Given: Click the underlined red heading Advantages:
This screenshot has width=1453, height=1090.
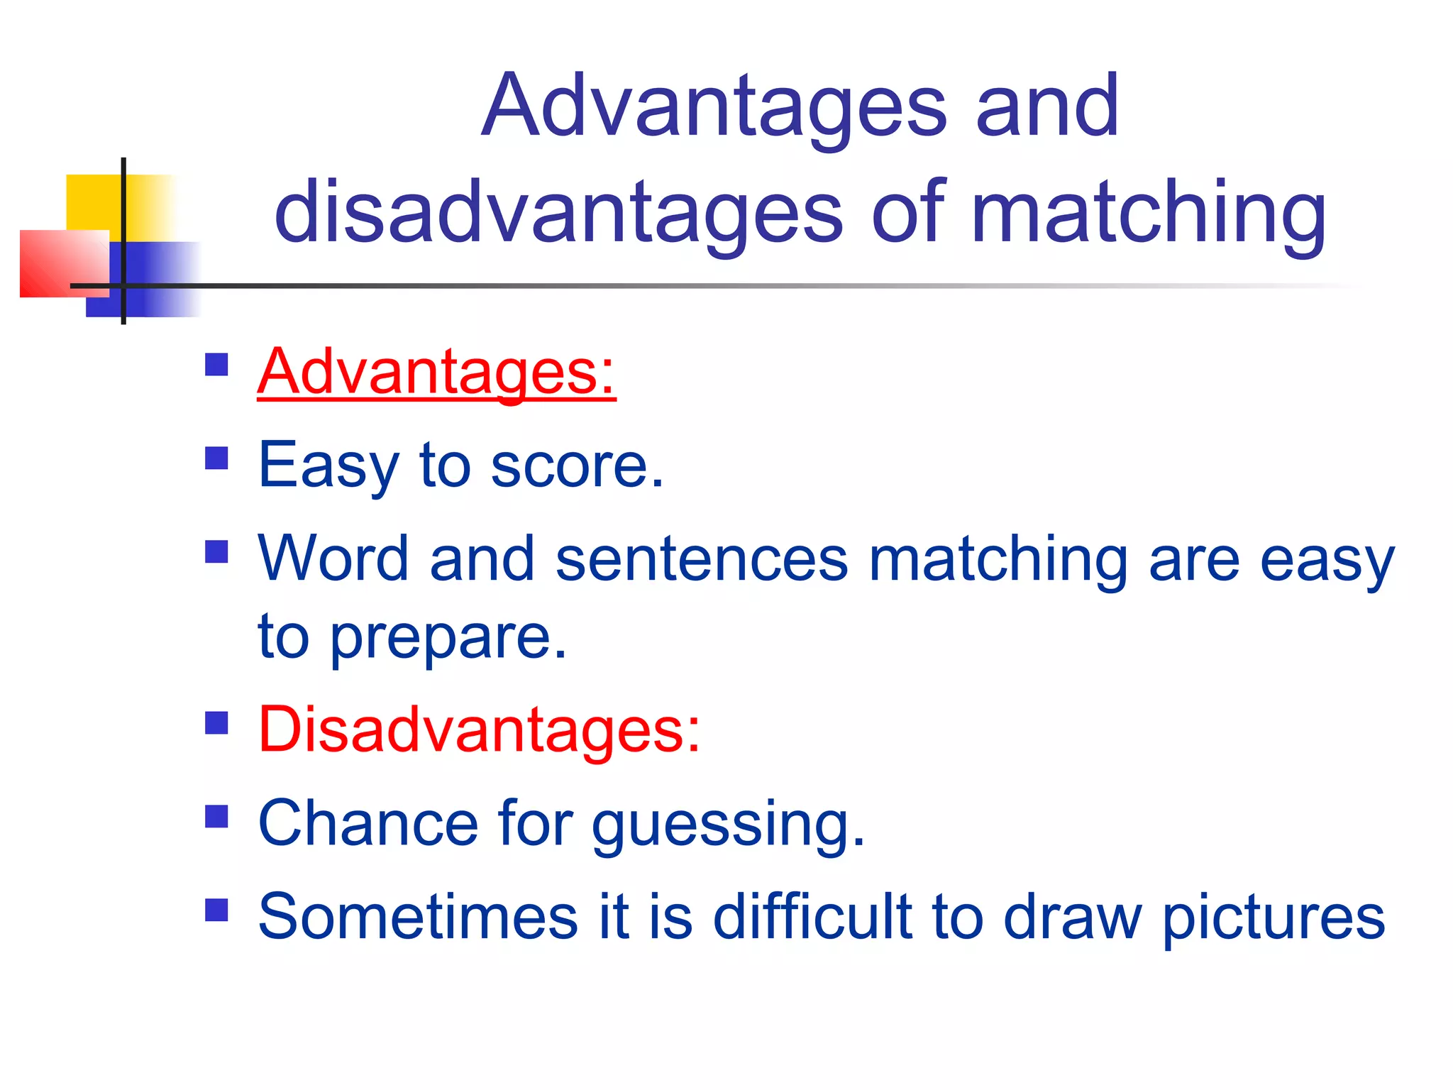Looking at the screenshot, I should pyautogui.click(x=436, y=372).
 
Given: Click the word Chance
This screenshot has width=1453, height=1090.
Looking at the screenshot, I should pyautogui.click(x=368, y=824).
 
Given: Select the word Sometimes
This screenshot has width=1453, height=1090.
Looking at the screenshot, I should pyautogui.click(x=418, y=917).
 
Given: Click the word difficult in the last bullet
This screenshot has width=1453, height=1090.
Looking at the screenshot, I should pyautogui.click(x=812, y=917).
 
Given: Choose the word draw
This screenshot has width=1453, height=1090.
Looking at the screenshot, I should pyautogui.click(x=1071, y=917).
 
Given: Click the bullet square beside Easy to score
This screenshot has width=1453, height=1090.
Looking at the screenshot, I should pyautogui.click(x=216, y=458).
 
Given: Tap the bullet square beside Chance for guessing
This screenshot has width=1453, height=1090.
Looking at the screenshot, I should pyautogui.click(x=216, y=817).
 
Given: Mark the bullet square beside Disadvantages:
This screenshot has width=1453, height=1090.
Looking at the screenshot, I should pyautogui.click(x=216, y=723).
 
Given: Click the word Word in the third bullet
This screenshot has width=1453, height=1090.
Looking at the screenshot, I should pyautogui.click(x=333, y=560).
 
